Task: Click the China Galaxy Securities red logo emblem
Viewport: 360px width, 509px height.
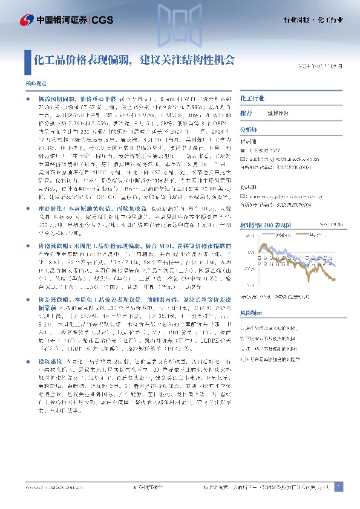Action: click(x=26, y=21)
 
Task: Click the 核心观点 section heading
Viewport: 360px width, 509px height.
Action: click(x=34, y=82)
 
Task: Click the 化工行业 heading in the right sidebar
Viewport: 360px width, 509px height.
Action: click(x=252, y=97)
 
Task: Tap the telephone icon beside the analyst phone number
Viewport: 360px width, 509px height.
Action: click(x=244, y=150)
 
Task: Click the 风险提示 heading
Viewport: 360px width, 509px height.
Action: click(x=251, y=314)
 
